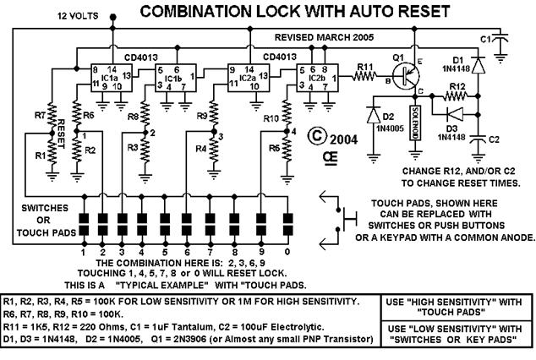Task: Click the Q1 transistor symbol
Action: coord(406,77)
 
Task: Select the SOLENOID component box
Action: coord(415,123)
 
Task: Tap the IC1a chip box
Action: coord(111,78)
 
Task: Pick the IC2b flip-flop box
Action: coord(318,78)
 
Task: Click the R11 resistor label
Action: coord(365,67)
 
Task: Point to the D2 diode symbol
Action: coord(374,114)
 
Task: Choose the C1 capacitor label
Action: coord(485,39)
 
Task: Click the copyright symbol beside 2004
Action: coord(317,135)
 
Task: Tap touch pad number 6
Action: coord(187,224)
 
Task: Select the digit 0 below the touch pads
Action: coord(287,252)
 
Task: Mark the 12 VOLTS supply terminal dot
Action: coord(112,17)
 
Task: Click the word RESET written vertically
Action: coord(61,134)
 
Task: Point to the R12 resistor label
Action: coord(457,86)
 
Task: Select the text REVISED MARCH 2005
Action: coord(324,37)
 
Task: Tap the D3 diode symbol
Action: coord(455,114)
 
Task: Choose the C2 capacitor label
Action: coord(494,139)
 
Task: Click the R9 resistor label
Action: coord(202,116)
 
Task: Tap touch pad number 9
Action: coord(261,224)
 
